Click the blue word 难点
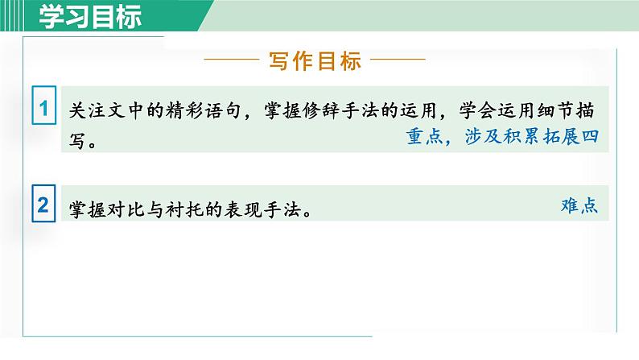579,205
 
